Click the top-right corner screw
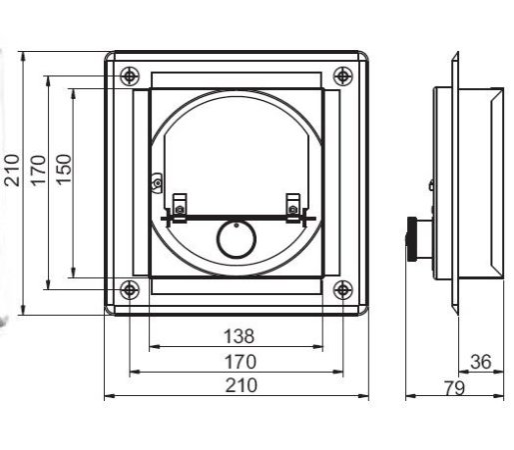[x=342, y=75]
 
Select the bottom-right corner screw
[x=342, y=290]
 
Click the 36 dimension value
[x=480, y=361]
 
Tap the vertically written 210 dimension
[x=13, y=171]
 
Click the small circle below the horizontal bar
[x=236, y=240]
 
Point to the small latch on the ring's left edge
[x=156, y=182]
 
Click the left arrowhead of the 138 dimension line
[x=152, y=347]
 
